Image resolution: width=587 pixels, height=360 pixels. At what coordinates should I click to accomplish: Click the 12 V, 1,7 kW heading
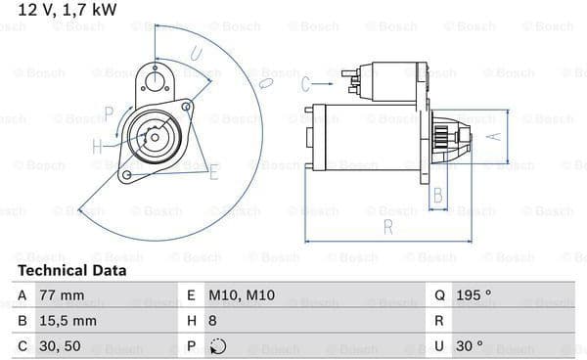(68, 10)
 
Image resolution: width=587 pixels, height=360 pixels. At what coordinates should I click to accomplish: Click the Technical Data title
(72, 271)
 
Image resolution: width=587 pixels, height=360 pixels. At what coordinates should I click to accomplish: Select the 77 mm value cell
(62, 295)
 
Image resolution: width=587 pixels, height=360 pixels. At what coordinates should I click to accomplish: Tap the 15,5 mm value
(68, 321)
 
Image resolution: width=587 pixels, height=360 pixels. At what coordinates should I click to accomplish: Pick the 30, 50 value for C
(60, 346)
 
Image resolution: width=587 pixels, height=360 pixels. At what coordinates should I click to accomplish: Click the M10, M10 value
(242, 295)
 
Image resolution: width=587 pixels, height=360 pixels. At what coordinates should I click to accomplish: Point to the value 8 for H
(212, 321)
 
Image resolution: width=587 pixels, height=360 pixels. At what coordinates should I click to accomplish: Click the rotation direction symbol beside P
(218, 346)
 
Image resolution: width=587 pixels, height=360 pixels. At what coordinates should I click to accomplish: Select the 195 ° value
(474, 295)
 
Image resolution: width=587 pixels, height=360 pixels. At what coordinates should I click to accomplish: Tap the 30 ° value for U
(470, 345)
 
